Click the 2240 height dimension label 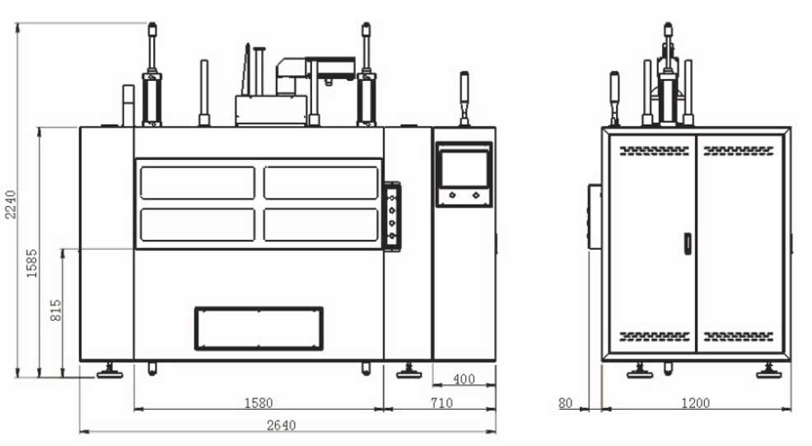pyautogui.click(x=11, y=204)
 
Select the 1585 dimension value pyautogui.click(x=31, y=264)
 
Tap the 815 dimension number pyautogui.click(x=56, y=310)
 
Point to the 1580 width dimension pyautogui.click(x=259, y=402)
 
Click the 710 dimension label pyautogui.click(x=441, y=402)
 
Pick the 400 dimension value pyautogui.click(x=464, y=379)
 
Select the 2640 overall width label pyautogui.click(x=281, y=425)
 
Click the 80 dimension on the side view pyautogui.click(x=566, y=403)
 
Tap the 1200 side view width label pyautogui.click(x=696, y=403)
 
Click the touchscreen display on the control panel pyautogui.click(x=464, y=168)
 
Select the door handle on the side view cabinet pyautogui.click(x=688, y=243)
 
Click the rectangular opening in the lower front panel pyautogui.click(x=259, y=328)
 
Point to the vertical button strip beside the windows pyautogui.click(x=392, y=216)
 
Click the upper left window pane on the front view pyautogui.click(x=198, y=182)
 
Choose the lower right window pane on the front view pyautogui.click(x=321, y=224)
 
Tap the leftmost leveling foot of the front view pyautogui.click(x=110, y=371)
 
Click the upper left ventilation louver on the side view pyautogui.click(x=655, y=151)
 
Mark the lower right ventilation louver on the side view pyautogui.click(x=739, y=336)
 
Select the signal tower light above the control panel pyautogui.click(x=464, y=99)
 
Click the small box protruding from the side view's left pyautogui.click(x=595, y=216)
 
